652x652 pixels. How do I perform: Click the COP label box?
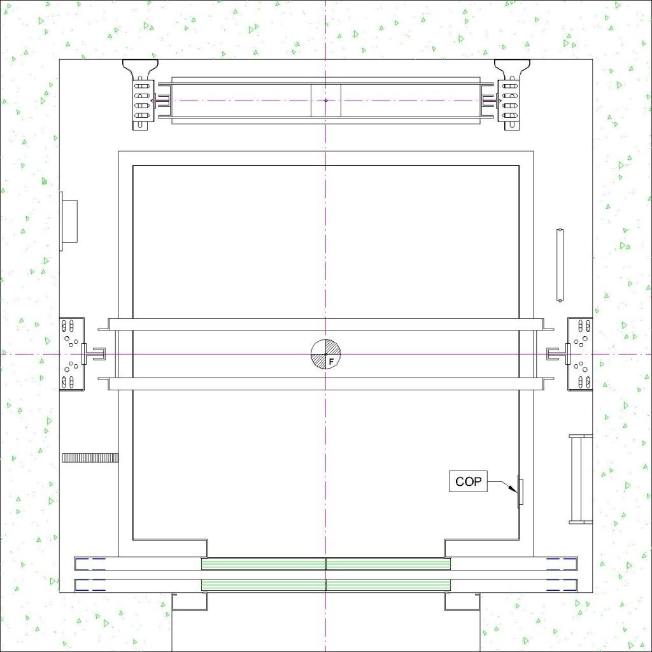point(468,481)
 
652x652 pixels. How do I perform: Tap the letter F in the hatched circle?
point(331,362)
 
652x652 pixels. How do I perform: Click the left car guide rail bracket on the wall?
point(73,354)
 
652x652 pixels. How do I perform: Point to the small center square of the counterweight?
point(326,100)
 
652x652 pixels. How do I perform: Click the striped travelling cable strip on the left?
point(90,458)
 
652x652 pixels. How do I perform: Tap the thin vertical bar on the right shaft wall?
point(560,265)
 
